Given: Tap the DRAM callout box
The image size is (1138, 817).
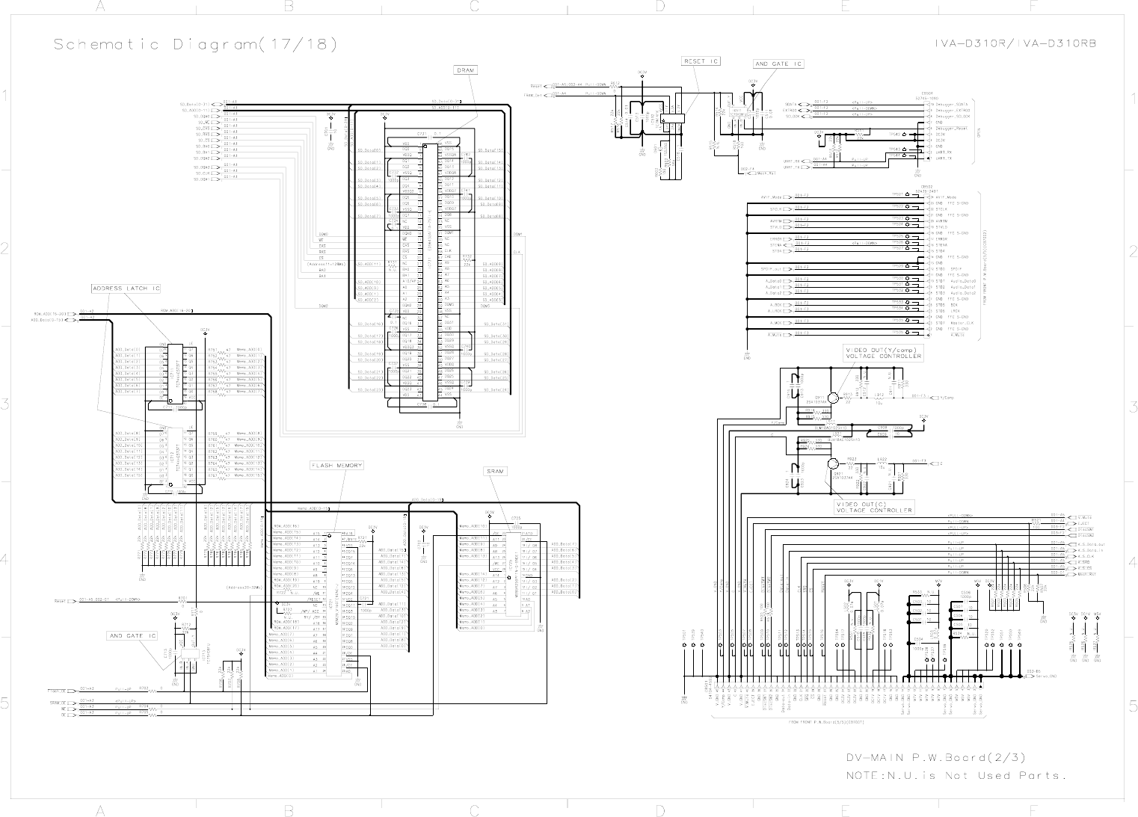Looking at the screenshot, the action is point(464,70).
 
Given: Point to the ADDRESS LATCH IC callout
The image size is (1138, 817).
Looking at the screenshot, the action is point(126,289).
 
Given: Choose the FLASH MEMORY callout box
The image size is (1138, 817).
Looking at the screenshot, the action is point(336,466).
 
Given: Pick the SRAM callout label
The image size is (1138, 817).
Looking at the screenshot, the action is point(495,472).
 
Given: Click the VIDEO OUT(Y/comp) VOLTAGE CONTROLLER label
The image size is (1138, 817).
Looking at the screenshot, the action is point(883,353).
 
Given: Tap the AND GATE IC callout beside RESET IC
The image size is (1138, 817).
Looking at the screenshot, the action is point(778,64).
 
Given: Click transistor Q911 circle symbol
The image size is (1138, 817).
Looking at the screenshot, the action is point(833,399).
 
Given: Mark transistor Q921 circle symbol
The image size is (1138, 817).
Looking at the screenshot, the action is point(833,464).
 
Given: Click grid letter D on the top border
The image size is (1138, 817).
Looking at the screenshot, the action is point(660,6).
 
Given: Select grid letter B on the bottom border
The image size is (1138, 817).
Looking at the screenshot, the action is point(287,810).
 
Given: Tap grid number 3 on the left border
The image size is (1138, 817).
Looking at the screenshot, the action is point(5,406).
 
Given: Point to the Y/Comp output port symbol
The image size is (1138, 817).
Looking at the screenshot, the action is point(935,397).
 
